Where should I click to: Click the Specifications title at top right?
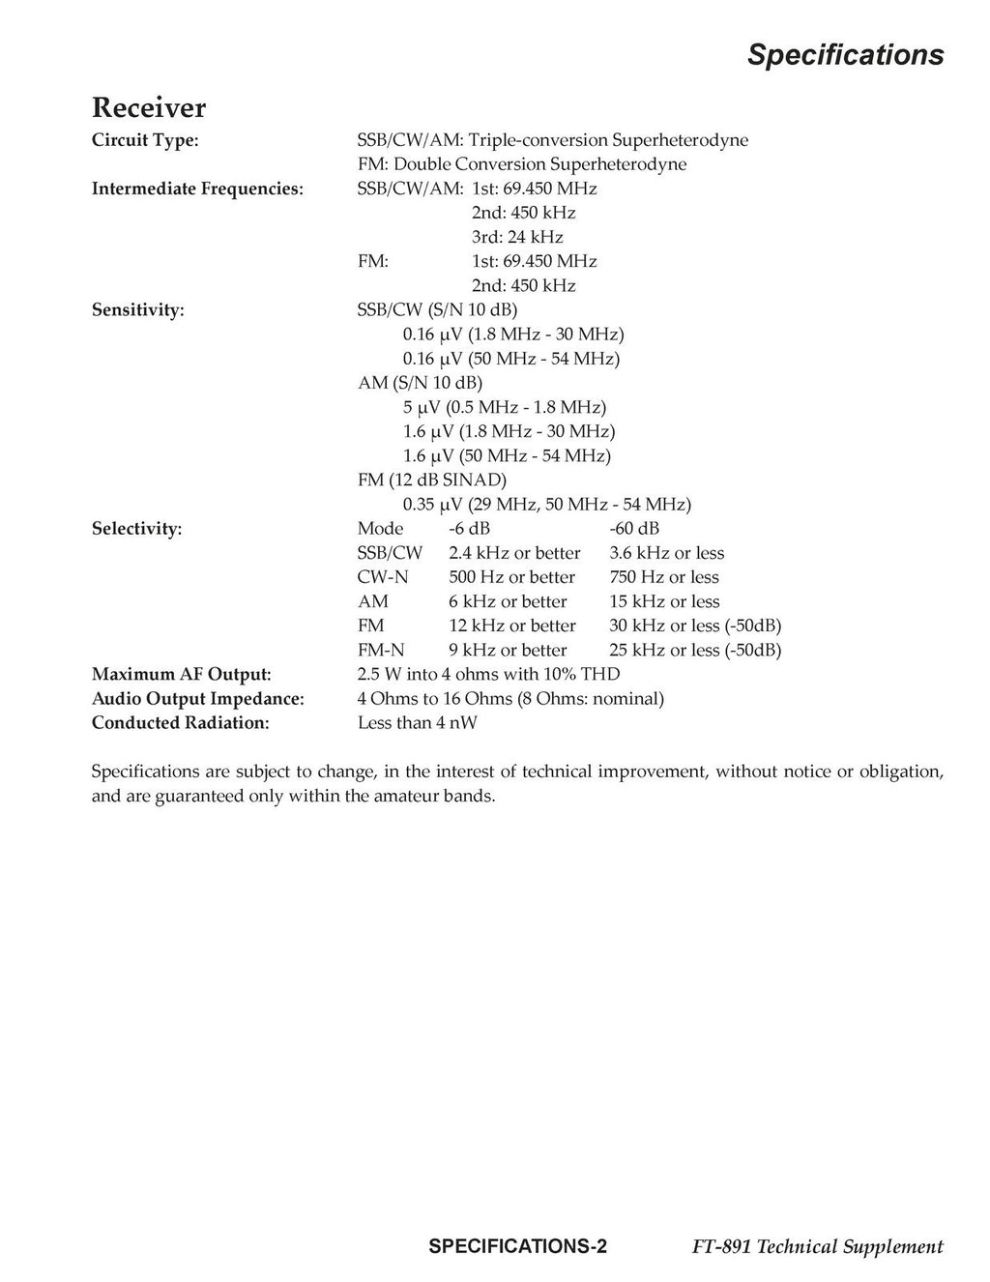(x=845, y=55)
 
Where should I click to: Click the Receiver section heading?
(x=148, y=107)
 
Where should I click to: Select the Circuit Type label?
(x=145, y=140)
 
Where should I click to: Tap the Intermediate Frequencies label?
(x=197, y=189)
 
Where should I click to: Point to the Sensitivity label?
(x=137, y=310)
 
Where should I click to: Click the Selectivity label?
(x=136, y=529)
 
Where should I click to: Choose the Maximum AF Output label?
(x=181, y=674)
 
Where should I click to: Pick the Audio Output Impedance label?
(x=197, y=698)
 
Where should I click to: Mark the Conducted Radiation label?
(x=180, y=722)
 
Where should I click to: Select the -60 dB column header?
(x=634, y=529)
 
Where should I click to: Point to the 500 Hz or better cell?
(x=511, y=577)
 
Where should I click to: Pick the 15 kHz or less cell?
(x=664, y=601)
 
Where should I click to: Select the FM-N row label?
(x=381, y=650)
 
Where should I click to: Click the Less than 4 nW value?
(x=417, y=722)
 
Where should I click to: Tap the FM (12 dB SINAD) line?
(x=432, y=480)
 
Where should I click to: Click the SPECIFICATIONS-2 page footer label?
(x=517, y=1246)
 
